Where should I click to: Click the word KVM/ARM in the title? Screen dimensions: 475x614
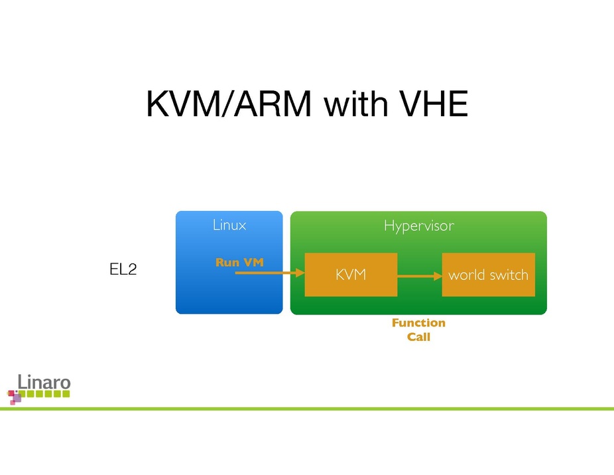pyautogui.click(x=229, y=105)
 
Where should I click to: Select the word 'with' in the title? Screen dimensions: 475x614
pyautogui.click(x=349, y=105)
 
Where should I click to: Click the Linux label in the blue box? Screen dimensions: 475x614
pyautogui.click(x=229, y=225)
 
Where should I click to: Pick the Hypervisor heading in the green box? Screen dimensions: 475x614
pyautogui.click(x=418, y=226)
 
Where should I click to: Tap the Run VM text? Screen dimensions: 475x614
pyautogui.click(x=239, y=262)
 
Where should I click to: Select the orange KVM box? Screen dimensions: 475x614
pyautogui.click(x=351, y=274)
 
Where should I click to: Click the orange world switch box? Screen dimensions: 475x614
pyautogui.click(x=488, y=274)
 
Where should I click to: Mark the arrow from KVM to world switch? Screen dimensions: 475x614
pyautogui.click(x=419, y=274)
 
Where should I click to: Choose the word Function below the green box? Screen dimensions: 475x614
pyautogui.click(x=418, y=322)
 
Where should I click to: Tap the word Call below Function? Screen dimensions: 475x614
pyautogui.click(x=418, y=337)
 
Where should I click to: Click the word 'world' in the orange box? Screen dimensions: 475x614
pyautogui.click(x=467, y=274)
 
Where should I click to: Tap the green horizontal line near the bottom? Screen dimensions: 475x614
pyautogui.click(x=332, y=409)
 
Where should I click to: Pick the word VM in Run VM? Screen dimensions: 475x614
pyautogui.click(x=253, y=262)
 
